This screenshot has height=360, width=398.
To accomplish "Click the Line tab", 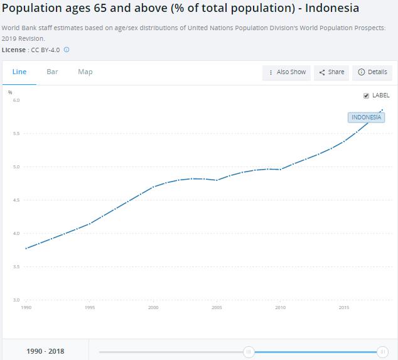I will pyautogui.click(x=19, y=72).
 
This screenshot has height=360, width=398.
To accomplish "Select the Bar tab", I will pyautogui.click(x=52, y=72).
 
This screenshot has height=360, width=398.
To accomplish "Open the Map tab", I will pyautogui.click(x=85, y=72).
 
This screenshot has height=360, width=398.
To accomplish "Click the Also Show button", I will pyautogui.click(x=288, y=72).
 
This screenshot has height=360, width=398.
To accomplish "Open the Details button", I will pyautogui.click(x=372, y=72).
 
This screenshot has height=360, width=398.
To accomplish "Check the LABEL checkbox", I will pyautogui.click(x=366, y=95).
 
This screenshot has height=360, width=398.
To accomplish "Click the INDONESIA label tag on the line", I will pyautogui.click(x=366, y=117).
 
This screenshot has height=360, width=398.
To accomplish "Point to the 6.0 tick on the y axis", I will pyautogui.click(x=16, y=101).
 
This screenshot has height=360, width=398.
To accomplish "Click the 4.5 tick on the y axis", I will pyautogui.click(x=16, y=200).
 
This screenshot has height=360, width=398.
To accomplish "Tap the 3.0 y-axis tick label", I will pyautogui.click(x=16, y=300).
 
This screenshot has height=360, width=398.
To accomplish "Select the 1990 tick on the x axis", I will pyautogui.click(x=26, y=308).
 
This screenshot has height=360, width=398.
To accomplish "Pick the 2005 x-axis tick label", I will pyautogui.click(x=217, y=308).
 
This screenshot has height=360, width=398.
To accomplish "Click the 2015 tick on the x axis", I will pyautogui.click(x=344, y=308).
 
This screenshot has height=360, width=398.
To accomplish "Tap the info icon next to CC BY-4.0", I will pyautogui.click(x=67, y=50).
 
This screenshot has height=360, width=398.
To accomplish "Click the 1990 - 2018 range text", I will pyautogui.click(x=45, y=351).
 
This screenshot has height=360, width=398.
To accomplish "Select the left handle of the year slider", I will pyautogui.click(x=249, y=352).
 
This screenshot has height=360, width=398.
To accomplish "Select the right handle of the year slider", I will pyautogui.click(x=383, y=352).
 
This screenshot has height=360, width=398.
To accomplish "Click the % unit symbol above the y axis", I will pyautogui.click(x=10, y=92).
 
